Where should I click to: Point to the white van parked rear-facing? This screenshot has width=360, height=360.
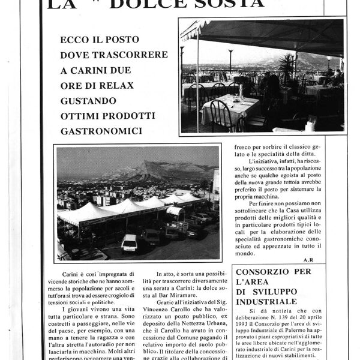pos(129,242)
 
